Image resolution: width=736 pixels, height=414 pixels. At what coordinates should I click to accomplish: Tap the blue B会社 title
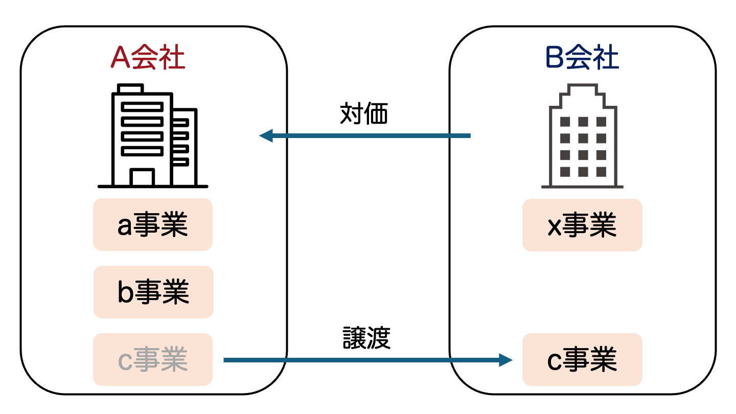click(x=582, y=58)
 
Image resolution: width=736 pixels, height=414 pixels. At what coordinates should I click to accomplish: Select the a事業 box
click(x=153, y=225)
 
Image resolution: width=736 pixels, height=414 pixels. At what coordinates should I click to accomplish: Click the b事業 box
click(x=153, y=292)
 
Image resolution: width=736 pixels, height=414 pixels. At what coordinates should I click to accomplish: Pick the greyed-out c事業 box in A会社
click(x=153, y=359)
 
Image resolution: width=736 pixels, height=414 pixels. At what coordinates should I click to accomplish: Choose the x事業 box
click(x=582, y=225)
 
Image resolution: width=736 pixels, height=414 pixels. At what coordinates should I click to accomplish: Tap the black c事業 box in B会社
click(x=582, y=359)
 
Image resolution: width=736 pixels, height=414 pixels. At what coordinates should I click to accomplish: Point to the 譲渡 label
click(x=366, y=338)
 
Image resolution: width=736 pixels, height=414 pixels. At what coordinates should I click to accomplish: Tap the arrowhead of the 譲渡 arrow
click(x=505, y=360)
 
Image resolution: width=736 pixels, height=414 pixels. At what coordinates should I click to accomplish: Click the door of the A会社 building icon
click(x=142, y=177)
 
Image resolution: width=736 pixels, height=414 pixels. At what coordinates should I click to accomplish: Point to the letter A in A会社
click(x=121, y=58)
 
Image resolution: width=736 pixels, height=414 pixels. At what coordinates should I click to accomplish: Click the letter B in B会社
click(x=555, y=58)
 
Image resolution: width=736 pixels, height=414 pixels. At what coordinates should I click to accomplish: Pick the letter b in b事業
click(x=126, y=292)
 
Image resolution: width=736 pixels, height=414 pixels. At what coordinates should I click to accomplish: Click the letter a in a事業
click(x=125, y=227)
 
